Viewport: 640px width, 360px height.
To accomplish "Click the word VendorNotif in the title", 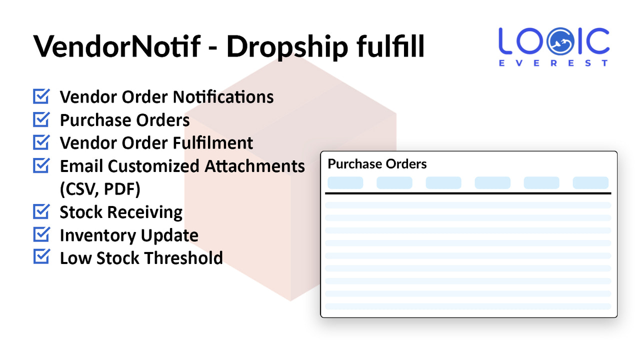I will click(116, 46).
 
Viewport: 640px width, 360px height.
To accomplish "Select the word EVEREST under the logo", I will click(554, 63).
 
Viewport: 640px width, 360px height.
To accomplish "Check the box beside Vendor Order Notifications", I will click(41, 96).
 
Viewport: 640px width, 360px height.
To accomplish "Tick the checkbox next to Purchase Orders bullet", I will click(41, 119).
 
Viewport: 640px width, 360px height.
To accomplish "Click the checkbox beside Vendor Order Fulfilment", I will click(41, 142).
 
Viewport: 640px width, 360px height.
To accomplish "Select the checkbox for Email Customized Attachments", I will click(41, 165).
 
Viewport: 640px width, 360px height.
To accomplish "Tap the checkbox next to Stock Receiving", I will click(41, 211).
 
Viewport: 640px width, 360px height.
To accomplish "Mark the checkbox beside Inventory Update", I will click(41, 234).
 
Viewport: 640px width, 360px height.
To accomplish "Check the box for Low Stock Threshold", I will click(41, 257).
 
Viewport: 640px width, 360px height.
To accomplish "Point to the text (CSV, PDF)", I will click(100, 189).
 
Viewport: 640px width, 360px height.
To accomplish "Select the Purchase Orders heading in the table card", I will click(377, 164).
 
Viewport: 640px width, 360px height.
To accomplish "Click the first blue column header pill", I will click(345, 182).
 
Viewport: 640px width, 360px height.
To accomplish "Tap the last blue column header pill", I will click(590, 182).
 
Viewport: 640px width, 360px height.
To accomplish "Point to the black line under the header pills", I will click(468, 193).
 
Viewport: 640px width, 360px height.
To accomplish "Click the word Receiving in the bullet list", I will click(152, 212).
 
